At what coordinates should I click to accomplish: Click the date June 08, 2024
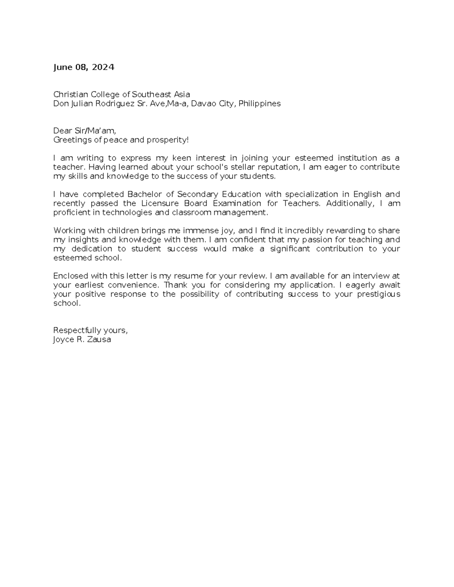84,67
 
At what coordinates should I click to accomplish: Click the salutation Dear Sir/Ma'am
84,131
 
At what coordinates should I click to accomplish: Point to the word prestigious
378,294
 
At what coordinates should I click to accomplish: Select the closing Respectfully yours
90,331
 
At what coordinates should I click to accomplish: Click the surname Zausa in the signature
99,339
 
